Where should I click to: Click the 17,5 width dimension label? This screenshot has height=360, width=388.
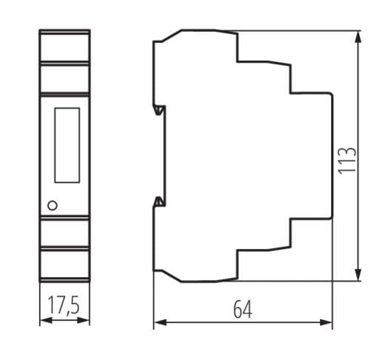click(x=64, y=306)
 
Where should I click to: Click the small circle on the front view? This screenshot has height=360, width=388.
click(x=52, y=204)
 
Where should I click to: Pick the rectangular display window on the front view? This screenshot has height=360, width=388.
click(x=67, y=145)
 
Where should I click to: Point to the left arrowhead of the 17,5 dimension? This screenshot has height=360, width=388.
click(x=43, y=321)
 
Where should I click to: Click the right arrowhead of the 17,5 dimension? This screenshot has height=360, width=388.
click(x=86, y=321)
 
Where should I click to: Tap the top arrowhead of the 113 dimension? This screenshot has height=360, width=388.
click(x=359, y=36)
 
